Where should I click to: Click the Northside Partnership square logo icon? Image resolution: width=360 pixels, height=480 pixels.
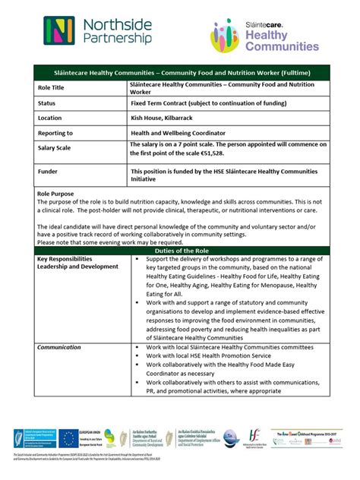point(59,30)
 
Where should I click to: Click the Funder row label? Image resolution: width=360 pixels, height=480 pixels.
point(48,172)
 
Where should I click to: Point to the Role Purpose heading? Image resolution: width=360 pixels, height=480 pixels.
point(55,194)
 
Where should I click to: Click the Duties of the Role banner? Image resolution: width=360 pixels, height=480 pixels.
point(180,250)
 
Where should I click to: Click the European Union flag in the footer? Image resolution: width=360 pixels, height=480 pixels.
point(70,438)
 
